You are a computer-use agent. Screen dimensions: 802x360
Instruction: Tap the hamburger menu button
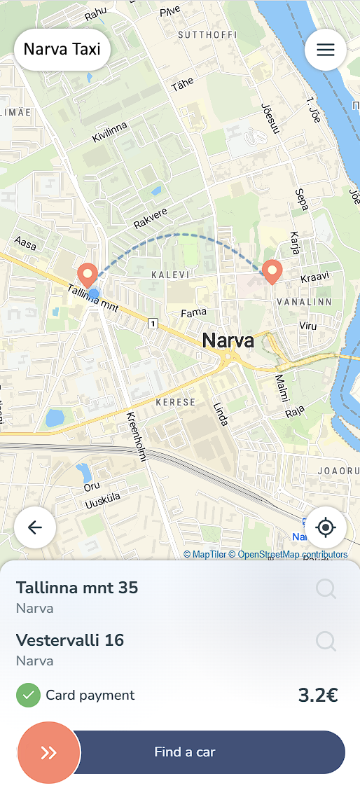click(326, 50)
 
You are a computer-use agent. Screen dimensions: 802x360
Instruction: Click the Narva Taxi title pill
click(62, 50)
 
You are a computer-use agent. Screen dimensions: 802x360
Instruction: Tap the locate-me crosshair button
click(326, 527)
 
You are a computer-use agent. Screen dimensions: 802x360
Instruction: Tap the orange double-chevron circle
click(49, 752)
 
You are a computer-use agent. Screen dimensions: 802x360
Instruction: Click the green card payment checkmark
click(28, 696)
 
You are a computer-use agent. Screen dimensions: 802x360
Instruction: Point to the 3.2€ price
click(318, 696)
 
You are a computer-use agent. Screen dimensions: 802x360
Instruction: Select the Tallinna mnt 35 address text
click(77, 588)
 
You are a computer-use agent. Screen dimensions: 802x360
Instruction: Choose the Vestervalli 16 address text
click(70, 639)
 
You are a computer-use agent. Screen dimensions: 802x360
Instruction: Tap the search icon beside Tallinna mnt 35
click(326, 589)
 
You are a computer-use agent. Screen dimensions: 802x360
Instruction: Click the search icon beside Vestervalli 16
click(326, 641)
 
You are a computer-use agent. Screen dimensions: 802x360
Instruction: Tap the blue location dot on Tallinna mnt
click(94, 294)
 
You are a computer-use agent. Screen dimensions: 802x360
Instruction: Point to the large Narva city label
click(228, 341)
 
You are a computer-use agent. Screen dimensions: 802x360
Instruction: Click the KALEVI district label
click(171, 275)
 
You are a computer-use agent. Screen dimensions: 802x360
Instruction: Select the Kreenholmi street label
click(136, 436)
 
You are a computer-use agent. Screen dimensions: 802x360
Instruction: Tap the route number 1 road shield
click(152, 324)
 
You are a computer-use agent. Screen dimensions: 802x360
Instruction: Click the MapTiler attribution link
click(205, 555)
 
